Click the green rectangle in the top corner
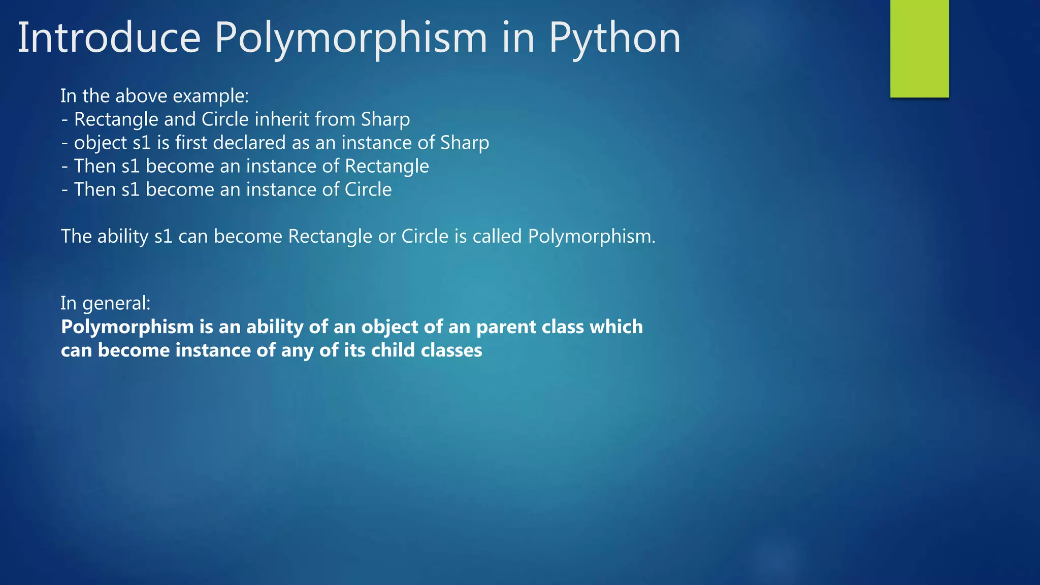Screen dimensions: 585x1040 [919, 48]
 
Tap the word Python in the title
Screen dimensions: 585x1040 [614, 39]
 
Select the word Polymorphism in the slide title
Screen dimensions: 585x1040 [350, 39]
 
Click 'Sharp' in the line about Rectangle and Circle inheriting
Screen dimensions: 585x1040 [385, 119]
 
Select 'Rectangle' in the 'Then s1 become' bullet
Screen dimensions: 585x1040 [387, 166]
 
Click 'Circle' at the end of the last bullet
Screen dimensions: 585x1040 [368, 189]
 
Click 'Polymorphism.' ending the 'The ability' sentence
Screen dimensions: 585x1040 [592, 236]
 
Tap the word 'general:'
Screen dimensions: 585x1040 [116, 303]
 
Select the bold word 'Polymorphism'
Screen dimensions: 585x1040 [127, 327]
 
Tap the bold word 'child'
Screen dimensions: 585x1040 [393, 350]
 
